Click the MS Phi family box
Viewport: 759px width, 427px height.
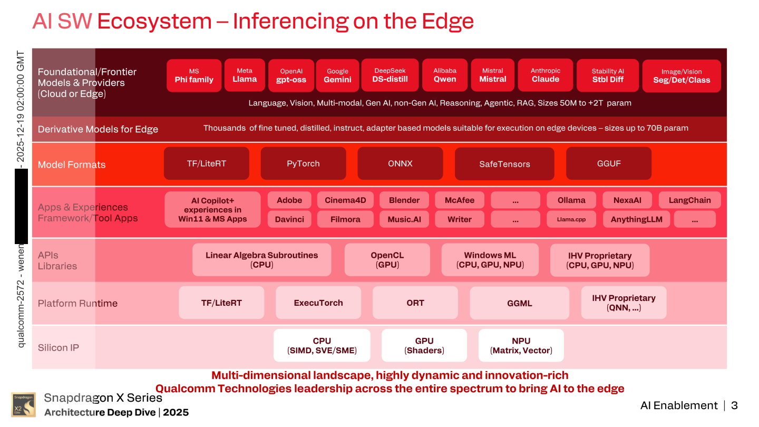(x=194, y=75)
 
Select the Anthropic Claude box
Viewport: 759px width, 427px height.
(x=546, y=75)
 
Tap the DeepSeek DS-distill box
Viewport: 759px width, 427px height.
(x=390, y=75)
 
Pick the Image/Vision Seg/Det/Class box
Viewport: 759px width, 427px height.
(x=682, y=76)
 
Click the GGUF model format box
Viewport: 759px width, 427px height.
(x=609, y=163)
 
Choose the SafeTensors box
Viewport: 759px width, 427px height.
(x=504, y=164)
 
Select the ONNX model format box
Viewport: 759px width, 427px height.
(x=400, y=163)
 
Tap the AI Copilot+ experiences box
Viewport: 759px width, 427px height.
(x=212, y=209)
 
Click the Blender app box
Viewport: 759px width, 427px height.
(x=404, y=200)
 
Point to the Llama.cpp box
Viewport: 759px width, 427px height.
(x=571, y=219)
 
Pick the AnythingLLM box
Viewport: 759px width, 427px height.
(x=636, y=219)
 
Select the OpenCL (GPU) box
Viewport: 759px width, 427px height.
(x=387, y=260)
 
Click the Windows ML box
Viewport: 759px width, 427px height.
(x=490, y=260)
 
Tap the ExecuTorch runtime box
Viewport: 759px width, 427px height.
(x=318, y=303)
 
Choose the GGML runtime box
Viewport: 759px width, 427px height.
(x=519, y=303)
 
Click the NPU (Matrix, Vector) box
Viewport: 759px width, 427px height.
(x=521, y=345)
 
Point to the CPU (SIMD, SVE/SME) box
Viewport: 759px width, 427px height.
(x=322, y=345)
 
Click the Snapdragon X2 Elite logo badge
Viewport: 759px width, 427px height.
(x=23, y=405)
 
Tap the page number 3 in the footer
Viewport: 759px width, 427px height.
(x=734, y=405)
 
